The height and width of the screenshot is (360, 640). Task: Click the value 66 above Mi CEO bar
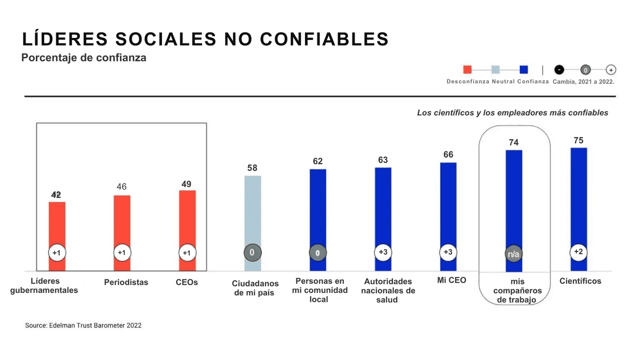[x=448, y=155]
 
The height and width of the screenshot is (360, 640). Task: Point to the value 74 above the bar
[x=514, y=142]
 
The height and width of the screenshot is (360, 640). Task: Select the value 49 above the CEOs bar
[x=187, y=184]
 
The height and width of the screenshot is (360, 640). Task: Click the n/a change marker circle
[x=514, y=254]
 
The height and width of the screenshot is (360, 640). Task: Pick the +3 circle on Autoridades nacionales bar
[x=383, y=252]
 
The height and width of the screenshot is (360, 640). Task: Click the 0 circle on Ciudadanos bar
[x=252, y=252]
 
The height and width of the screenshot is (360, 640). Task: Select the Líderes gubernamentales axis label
[x=44, y=285]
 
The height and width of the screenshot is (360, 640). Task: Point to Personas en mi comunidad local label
[x=319, y=290]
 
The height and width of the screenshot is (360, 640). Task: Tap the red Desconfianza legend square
[x=468, y=69]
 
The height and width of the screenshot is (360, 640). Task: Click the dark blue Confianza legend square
[x=524, y=69]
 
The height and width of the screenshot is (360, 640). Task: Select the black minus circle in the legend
[x=559, y=69]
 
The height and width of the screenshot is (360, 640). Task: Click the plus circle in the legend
[x=611, y=69]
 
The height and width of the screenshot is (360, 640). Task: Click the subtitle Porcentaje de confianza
[x=84, y=58]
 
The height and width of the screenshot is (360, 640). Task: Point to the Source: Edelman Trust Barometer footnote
[x=83, y=325]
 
